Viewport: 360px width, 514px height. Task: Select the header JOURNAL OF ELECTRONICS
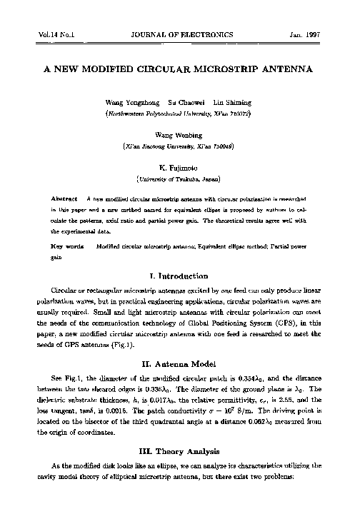click(179, 34)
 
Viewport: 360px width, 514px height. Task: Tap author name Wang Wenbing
click(179, 134)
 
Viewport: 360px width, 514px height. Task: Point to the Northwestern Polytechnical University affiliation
click(179, 114)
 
